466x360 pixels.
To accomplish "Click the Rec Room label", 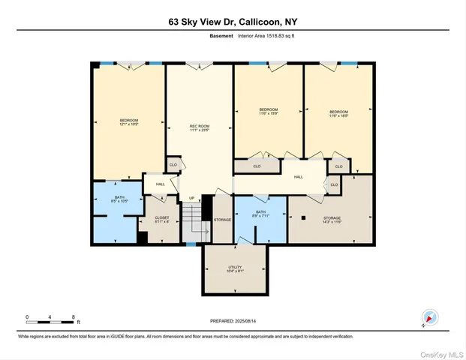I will tap(199, 127).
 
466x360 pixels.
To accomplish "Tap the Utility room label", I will tap(234, 269).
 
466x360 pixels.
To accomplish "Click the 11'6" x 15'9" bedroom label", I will tap(269, 112).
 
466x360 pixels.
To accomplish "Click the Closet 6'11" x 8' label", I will tap(161, 219).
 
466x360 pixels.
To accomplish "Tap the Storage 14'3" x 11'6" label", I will tap(331, 219).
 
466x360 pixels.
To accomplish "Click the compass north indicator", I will tap(429, 318).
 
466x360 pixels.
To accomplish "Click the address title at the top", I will tap(233, 22).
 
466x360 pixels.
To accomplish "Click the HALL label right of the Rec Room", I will tap(298, 177).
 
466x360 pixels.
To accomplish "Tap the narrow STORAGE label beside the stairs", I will tap(222, 220).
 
